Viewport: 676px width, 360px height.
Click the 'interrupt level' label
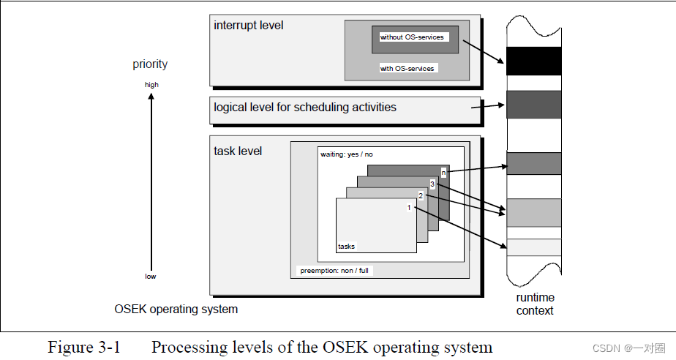coord(248,26)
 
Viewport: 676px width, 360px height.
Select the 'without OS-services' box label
coord(412,37)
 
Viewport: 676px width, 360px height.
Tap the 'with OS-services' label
coord(407,69)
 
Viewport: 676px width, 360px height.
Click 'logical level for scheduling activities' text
coord(304,108)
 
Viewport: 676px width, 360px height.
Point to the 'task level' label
coord(238,151)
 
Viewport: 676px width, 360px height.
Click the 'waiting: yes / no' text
coord(347,154)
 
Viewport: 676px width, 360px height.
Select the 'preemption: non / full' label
coord(335,271)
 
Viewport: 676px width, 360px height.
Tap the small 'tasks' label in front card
coord(346,247)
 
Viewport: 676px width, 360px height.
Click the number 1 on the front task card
coord(409,208)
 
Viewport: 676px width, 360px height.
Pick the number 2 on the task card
coord(421,195)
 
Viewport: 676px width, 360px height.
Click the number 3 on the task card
coord(432,184)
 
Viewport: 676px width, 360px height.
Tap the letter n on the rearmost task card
coord(443,173)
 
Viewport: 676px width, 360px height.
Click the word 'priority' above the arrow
coord(150,64)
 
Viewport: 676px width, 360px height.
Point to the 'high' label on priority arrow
coord(151,85)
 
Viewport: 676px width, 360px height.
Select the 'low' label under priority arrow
coord(150,277)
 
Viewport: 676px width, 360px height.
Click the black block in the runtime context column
coord(533,61)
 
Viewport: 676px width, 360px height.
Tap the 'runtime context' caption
coord(535,304)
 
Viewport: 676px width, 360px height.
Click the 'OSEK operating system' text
coord(176,309)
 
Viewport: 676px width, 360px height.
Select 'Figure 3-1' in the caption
coord(83,347)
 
